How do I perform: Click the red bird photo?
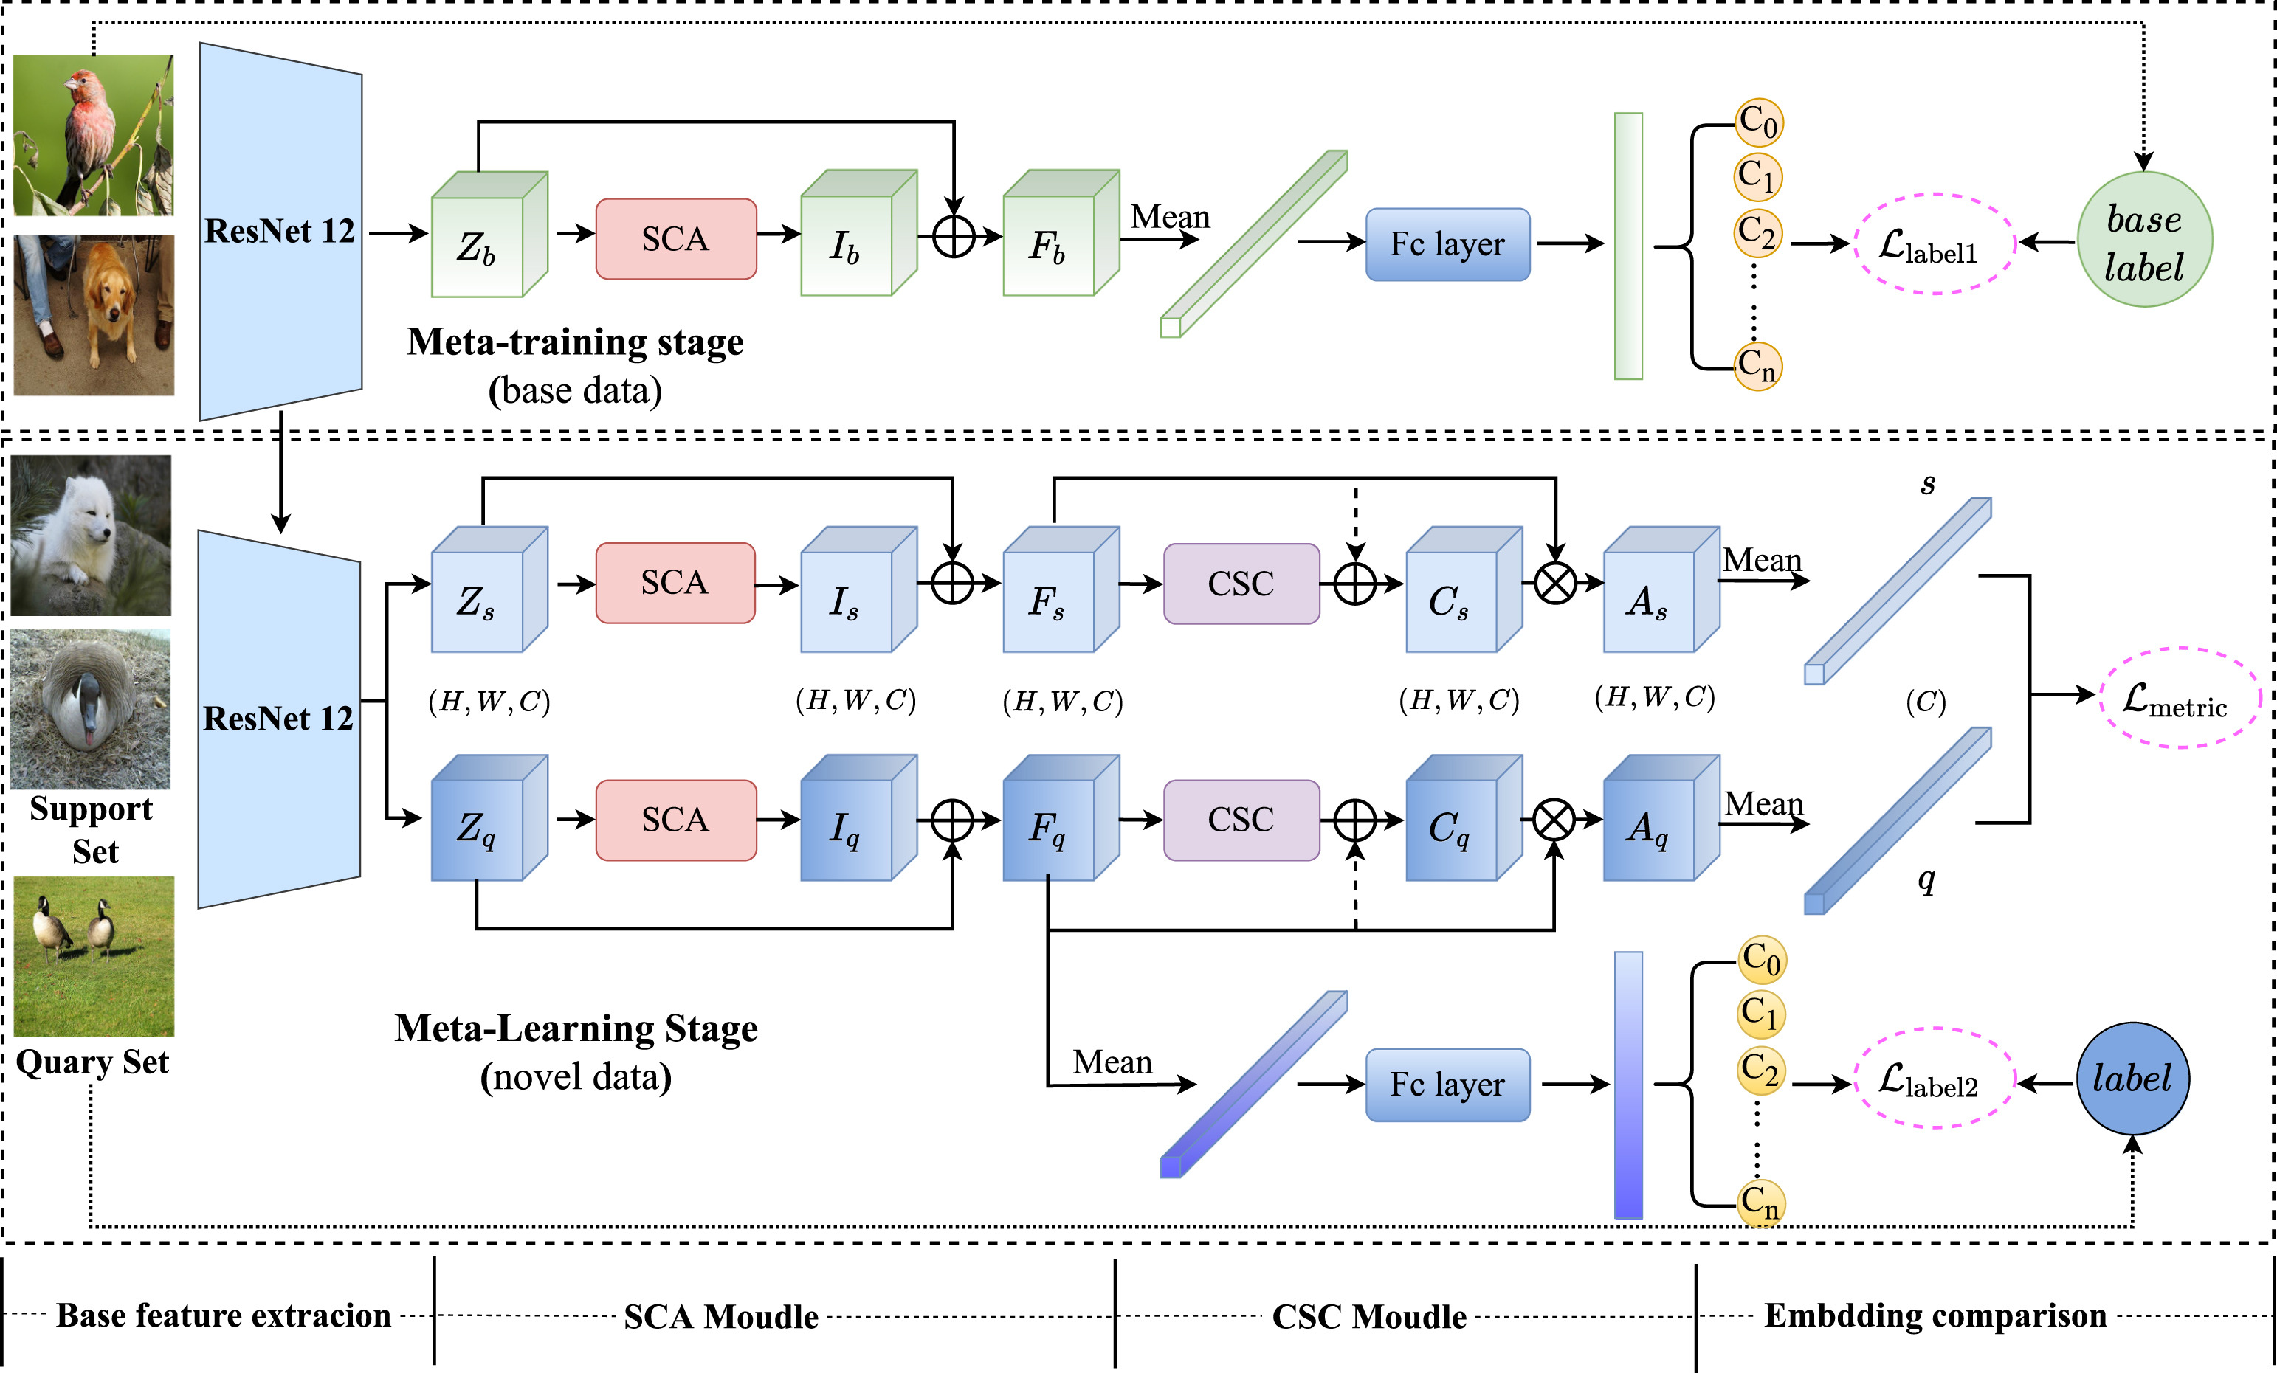tap(93, 135)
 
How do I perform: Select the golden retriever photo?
tap(93, 315)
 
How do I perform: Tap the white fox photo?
tap(92, 535)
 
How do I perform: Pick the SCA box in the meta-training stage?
tap(675, 239)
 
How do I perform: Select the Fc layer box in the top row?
tap(1447, 244)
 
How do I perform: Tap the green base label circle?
tap(2144, 241)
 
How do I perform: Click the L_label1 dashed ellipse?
tap(1933, 244)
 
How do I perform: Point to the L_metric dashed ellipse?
tap(2179, 699)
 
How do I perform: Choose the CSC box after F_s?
tap(1241, 584)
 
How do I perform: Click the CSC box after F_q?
tap(1241, 820)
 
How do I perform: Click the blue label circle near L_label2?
tap(2132, 1078)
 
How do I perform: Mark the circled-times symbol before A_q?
tap(1554, 820)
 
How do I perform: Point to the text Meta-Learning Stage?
tap(576, 1028)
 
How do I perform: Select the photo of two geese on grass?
tap(93, 956)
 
